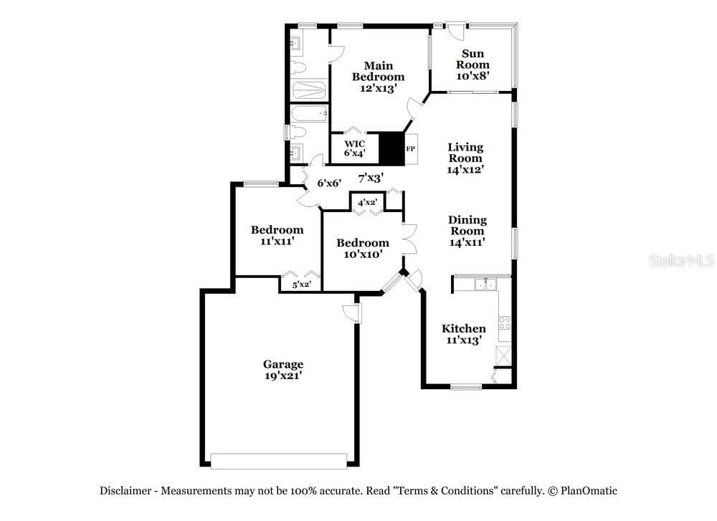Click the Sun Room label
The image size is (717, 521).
coord(473,59)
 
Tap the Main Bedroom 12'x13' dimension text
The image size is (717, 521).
coord(378,88)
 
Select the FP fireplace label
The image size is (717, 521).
coord(411,148)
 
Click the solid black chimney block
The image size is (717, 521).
coord(392,148)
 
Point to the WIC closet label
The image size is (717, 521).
coord(354,144)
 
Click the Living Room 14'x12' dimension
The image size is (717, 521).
coord(465,169)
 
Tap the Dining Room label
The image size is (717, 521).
coord(467,225)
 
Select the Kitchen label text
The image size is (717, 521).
coord(464,329)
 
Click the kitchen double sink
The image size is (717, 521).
coord(485,285)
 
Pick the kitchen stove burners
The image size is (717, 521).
coord(505,323)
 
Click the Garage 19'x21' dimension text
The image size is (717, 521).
coord(283,376)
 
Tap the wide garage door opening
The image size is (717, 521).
coord(278,461)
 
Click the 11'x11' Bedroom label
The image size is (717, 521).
coord(277,235)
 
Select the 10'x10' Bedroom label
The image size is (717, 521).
coord(363,248)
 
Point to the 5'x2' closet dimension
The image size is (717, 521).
coord(302,285)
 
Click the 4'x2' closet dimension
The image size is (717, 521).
coord(367,202)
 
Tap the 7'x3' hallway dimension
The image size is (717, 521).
coord(371,178)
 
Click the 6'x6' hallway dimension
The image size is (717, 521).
coord(329,183)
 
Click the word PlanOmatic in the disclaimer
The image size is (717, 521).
coord(589,491)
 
